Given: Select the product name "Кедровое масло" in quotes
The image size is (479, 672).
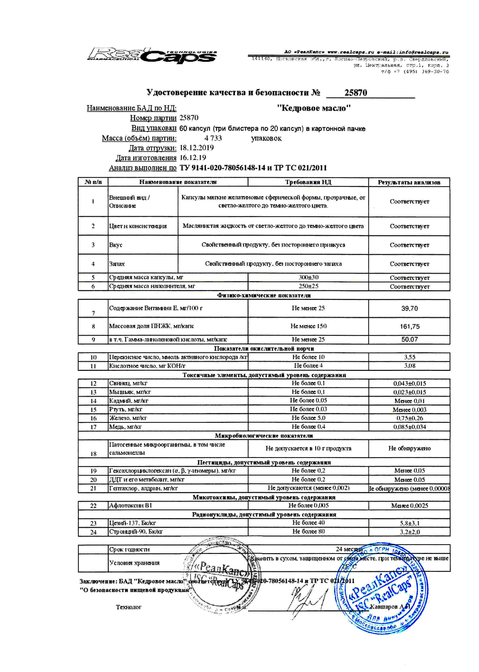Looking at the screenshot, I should pyautogui.click(x=314, y=108).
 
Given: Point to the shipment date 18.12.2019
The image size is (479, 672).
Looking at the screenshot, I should pyautogui.click(x=197, y=148).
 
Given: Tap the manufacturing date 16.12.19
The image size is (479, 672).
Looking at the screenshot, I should pyautogui.click(x=193, y=158).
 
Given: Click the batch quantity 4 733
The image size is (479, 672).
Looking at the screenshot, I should pyautogui.click(x=213, y=138).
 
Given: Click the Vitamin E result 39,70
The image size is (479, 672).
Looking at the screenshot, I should pyautogui.click(x=409, y=309).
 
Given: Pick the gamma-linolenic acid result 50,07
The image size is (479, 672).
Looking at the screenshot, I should pyautogui.click(x=409, y=339).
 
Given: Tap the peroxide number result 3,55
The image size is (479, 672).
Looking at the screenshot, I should pyautogui.click(x=409, y=357).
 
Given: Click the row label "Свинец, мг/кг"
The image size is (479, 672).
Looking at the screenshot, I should pyautogui.click(x=128, y=383).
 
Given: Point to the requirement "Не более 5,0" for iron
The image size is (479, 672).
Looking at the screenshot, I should pyautogui.click(x=308, y=418).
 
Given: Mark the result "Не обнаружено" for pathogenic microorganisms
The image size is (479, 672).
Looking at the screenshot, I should pyautogui.click(x=409, y=448).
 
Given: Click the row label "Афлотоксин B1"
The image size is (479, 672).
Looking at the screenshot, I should pyautogui.click(x=130, y=506).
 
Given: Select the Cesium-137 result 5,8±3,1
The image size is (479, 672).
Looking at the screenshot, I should pyautogui.click(x=409, y=523).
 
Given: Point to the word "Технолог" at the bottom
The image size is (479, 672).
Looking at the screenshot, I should pyautogui.click(x=129, y=607).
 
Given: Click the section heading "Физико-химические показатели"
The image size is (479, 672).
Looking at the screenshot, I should pyautogui.click(x=264, y=295).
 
